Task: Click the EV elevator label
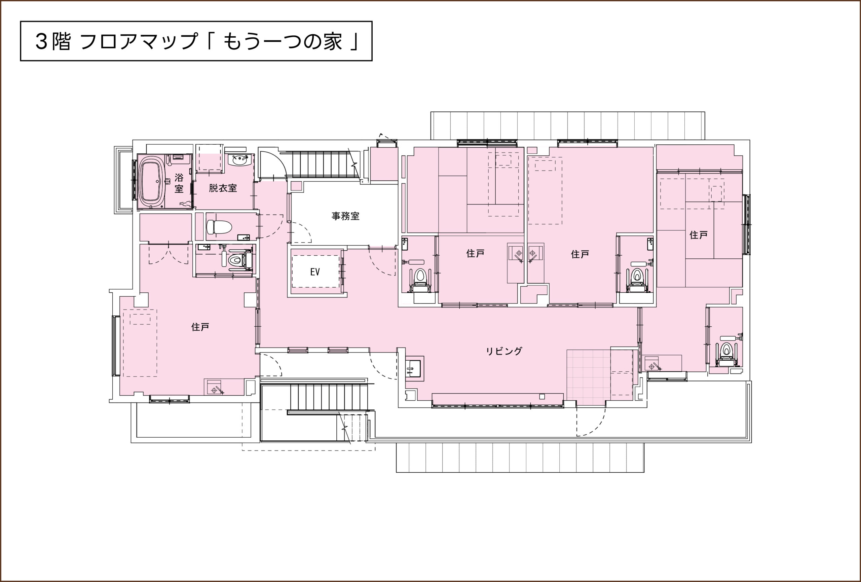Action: click(x=315, y=272)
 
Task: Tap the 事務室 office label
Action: click(x=345, y=216)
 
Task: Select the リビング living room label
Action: click(x=504, y=351)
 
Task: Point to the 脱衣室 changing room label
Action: click(x=223, y=188)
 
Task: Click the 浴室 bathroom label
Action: click(x=179, y=183)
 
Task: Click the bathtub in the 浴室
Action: click(x=152, y=182)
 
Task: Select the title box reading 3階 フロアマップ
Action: click(x=196, y=41)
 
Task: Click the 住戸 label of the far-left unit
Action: click(x=200, y=327)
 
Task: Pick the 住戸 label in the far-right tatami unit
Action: click(x=698, y=235)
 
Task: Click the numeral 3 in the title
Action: click(x=41, y=41)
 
